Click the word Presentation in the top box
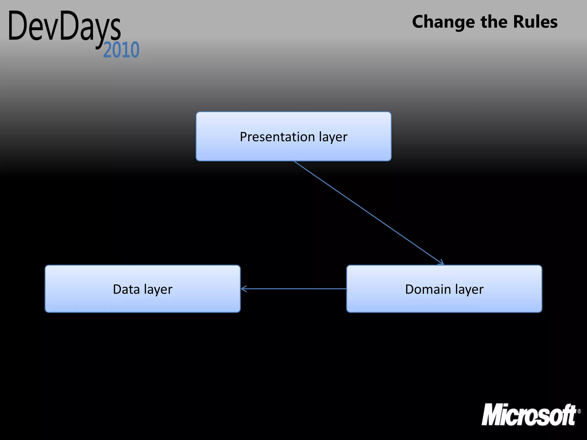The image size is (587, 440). pos(277,137)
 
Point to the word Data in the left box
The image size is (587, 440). pos(126,289)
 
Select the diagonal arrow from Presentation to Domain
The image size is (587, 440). pos(368,213)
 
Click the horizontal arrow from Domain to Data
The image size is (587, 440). pos(293,289)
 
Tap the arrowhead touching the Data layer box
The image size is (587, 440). pos(244,289)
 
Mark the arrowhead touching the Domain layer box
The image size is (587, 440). pos(441,262)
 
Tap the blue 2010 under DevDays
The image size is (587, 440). pos(121,50)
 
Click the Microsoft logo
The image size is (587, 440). pos(529,415)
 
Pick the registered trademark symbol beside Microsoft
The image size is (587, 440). pos(579,411)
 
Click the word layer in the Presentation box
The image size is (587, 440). pos(333,137)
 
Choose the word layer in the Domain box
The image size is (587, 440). pos(469,290)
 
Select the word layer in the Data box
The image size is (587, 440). pos(158,290)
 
